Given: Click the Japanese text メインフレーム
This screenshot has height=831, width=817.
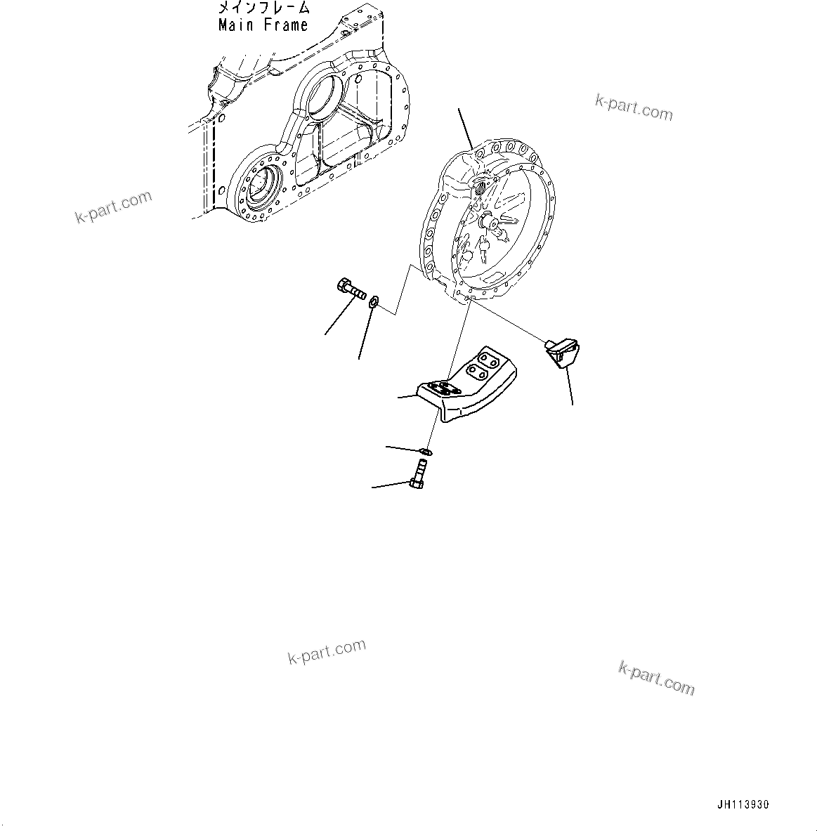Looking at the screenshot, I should pyautogui.click(x=263, y=8).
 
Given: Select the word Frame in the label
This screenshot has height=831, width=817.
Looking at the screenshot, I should pyautogui.click(x=286, y=25).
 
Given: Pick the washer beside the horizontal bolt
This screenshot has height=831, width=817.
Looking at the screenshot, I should pyautogui.click(x=374, y=302).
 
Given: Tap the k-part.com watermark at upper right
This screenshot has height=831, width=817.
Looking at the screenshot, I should pyautogui.click(x=634, y=108).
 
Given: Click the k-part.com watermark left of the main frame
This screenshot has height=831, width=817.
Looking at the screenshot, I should pyautogui.click(x=113, y=207).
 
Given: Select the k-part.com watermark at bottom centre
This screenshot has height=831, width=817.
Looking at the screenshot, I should pyautogui.click(x=327, y=652).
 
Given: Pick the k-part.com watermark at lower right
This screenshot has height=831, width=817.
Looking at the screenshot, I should pyautogui.click(x=656, y=677).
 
